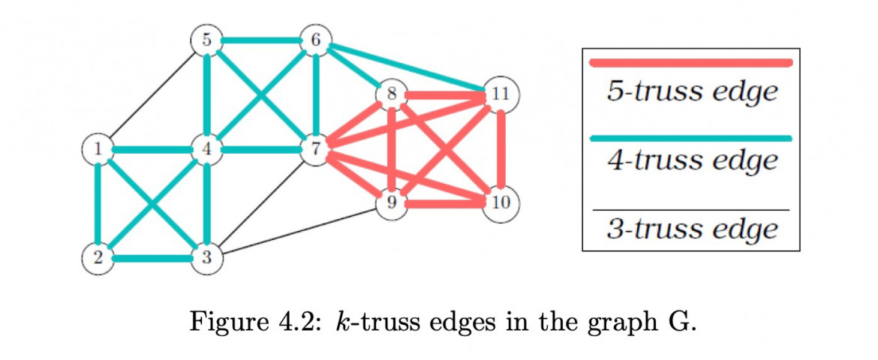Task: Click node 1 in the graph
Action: click(98, 149)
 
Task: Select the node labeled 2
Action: click(98, 259)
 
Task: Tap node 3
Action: click(206, 259)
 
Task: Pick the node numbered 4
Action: click(206, 149)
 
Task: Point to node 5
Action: click(206, 40)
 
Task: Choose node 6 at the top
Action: click(316, 40)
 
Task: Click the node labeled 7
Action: click(316, 149)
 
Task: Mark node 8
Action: click(391, 94)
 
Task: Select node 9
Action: click(391, 203)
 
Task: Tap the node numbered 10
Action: click(501, 203)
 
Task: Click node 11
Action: click(501, 94)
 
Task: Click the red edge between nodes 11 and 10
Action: click(501, 148)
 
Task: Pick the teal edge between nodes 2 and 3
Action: click(152, 259)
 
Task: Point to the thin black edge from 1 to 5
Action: click(152, 94)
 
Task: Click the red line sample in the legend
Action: click(691, 63)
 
